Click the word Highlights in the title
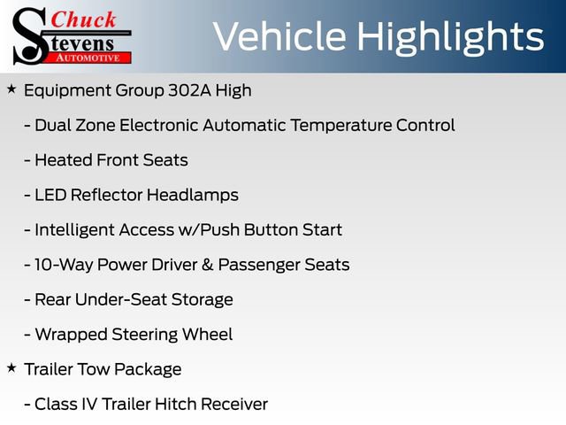[x=451, y=37]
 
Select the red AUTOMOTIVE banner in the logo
[x=88, y=57]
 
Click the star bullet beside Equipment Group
[x=11, y=89]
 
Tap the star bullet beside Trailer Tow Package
[x=11, y=367]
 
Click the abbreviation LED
[x=50, y=195]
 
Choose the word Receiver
[x=233, y=404]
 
